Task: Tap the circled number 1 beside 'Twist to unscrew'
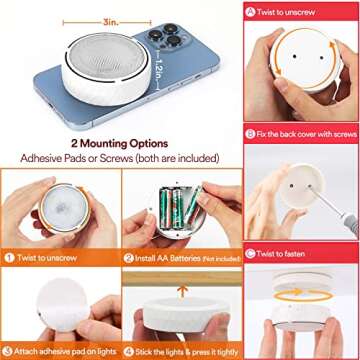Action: click(8, 257)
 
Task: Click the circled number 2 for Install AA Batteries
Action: click(129, 257)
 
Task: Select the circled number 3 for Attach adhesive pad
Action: click(8, 352)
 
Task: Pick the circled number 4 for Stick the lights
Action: click(129, 352)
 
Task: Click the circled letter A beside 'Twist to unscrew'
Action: click(251, 11)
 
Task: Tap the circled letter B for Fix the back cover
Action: click(251, 133)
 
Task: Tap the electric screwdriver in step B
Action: click(335, 215)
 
